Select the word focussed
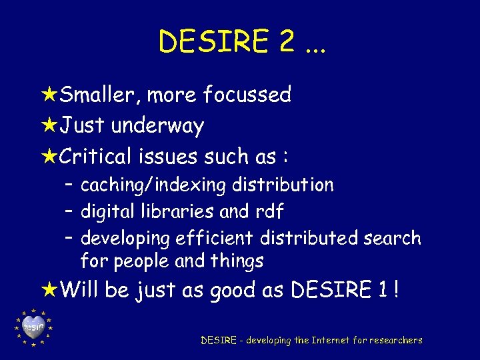pyautogui.click(x=247, y=95)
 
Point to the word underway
pyautogui.click(x=157, y=126)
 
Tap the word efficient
pyautogui.click(x=215, y=238)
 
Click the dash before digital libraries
pyautogui.click(x=69, y=211)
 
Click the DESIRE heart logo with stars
pyautogui.click(x=33, y=327)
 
